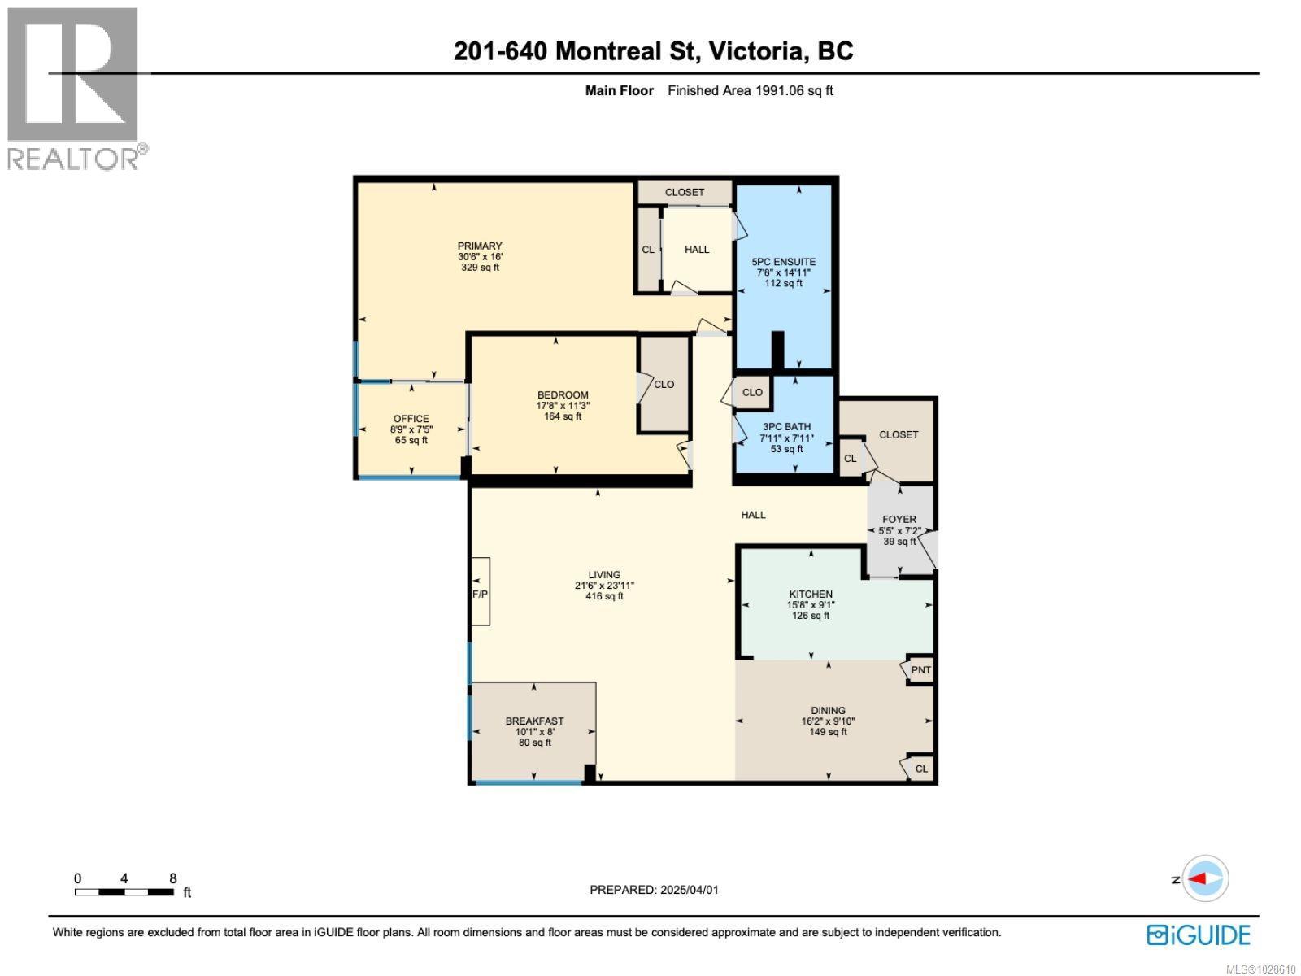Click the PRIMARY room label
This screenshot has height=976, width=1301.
(480, 246)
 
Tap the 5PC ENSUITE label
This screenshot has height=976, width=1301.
(783, 262)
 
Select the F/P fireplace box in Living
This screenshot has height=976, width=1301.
(481, 593)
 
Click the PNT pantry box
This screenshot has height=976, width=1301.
(920, 670)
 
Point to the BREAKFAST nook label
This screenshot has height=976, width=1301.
(534, 721)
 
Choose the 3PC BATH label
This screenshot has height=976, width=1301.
(786, 426)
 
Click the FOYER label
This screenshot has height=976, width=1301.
(899, 519)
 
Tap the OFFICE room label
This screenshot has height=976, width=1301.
(411, 419)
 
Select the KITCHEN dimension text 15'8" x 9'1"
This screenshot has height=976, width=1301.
(810, 604)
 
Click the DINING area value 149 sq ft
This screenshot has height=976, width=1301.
(828, 732)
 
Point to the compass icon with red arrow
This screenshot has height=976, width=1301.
(1204, 878)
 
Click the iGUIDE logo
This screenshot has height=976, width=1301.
(1199, 935)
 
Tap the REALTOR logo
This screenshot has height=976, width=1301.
(75, 88)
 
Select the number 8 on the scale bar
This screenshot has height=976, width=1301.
(173, 878)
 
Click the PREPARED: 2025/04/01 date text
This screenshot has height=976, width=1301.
(654, 890)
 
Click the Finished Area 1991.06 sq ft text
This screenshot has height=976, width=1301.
(750, 90)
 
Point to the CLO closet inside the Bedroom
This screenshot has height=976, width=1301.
(664, 384)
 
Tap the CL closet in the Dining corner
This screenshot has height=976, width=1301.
(920, 769)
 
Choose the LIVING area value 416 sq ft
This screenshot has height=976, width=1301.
(604, 596)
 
